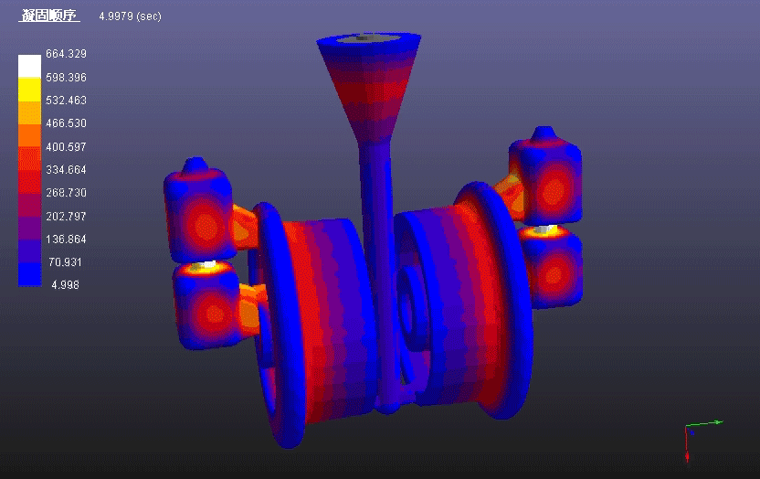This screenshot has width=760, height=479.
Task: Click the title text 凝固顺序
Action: (x=51, y=16)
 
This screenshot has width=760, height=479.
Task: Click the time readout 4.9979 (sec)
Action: (x=130, y=16)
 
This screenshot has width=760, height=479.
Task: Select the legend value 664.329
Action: (x=66, y=54)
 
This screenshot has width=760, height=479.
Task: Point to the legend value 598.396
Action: (x=66, y=78)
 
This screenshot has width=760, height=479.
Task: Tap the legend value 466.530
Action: (x=66, y=123)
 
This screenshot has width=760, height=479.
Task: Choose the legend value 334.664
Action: (x=66, y=170)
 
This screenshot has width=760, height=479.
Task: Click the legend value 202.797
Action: (x=66, y=217)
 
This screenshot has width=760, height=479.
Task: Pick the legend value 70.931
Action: (x=66, y=262)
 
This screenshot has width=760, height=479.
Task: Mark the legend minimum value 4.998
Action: (x=63, y=285)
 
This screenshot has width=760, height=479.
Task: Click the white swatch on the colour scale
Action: (x=29, y=66)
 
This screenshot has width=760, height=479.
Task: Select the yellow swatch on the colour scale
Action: (x=29, y=90)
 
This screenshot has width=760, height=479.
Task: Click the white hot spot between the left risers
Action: (x=208, y=266)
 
